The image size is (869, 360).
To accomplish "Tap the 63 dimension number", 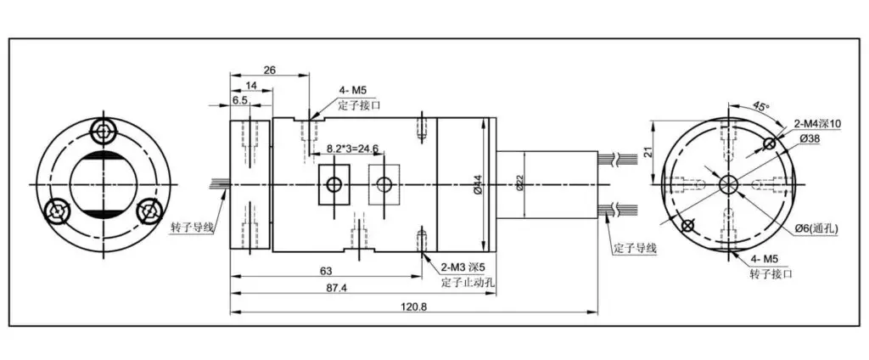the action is pos(326,271).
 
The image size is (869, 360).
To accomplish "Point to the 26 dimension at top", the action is pos(270,70).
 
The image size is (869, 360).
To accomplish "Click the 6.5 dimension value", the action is pos(239,100).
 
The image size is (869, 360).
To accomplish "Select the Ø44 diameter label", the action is pos(478,183).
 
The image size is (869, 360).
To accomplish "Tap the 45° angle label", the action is pos(760,105).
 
